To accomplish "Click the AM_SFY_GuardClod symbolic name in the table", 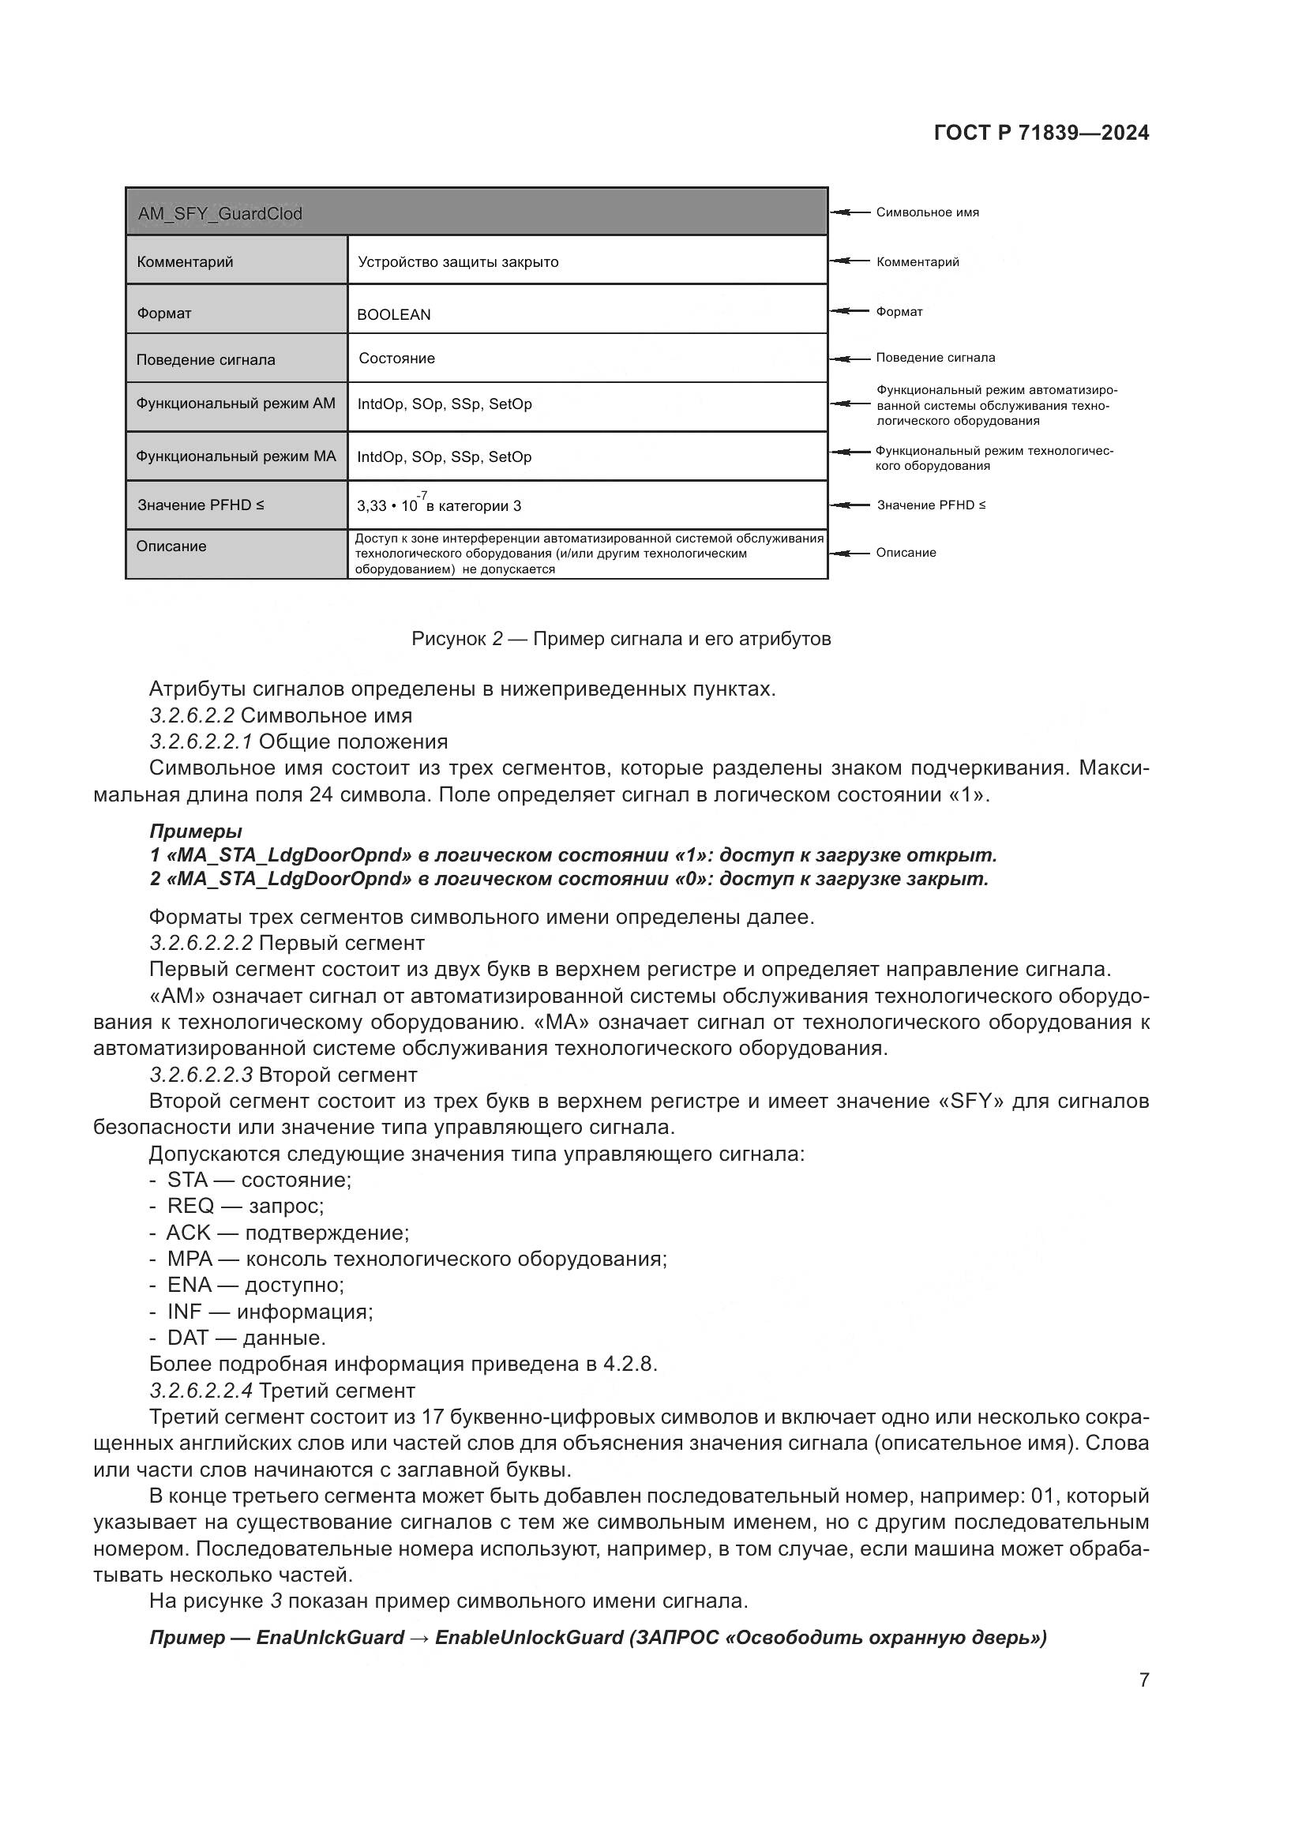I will point(220,214).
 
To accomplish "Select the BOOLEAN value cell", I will point(393,314).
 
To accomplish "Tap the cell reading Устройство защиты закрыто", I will point(458,262).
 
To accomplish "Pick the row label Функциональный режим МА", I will point(235,456).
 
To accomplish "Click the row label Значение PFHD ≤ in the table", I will point(201,505).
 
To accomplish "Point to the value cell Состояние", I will point(396,358).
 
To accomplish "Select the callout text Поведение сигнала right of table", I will point(934,357).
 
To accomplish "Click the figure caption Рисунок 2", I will point(620,639).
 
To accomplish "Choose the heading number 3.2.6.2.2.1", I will point(201,741).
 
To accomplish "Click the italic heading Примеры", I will point(195,831).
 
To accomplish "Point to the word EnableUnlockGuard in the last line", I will point(529,1638).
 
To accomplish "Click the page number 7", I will point(1143,1680).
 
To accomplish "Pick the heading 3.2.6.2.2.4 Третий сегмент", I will point(281,1391).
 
